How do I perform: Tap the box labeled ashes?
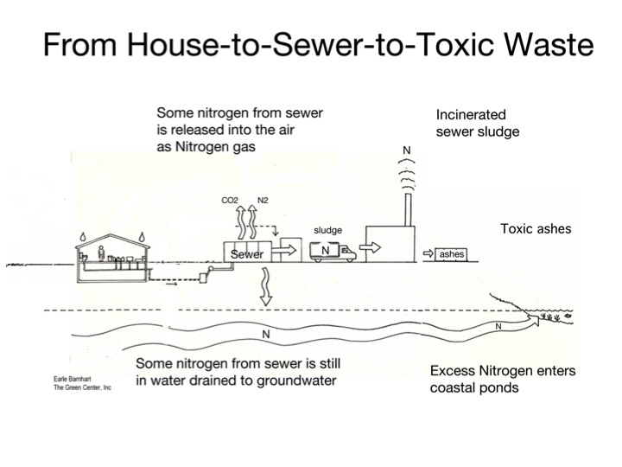click(x=452, y=255)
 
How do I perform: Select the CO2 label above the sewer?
click(x=231, y=200)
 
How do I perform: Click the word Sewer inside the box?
click(x=246, y=254)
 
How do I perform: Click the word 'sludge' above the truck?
click(x=327, y=230)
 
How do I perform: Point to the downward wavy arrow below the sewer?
click(x=267, y=285)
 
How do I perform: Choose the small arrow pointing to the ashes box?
click(x=428, y=254)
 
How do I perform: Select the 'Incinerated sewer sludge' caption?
click(x=472, y=122)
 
